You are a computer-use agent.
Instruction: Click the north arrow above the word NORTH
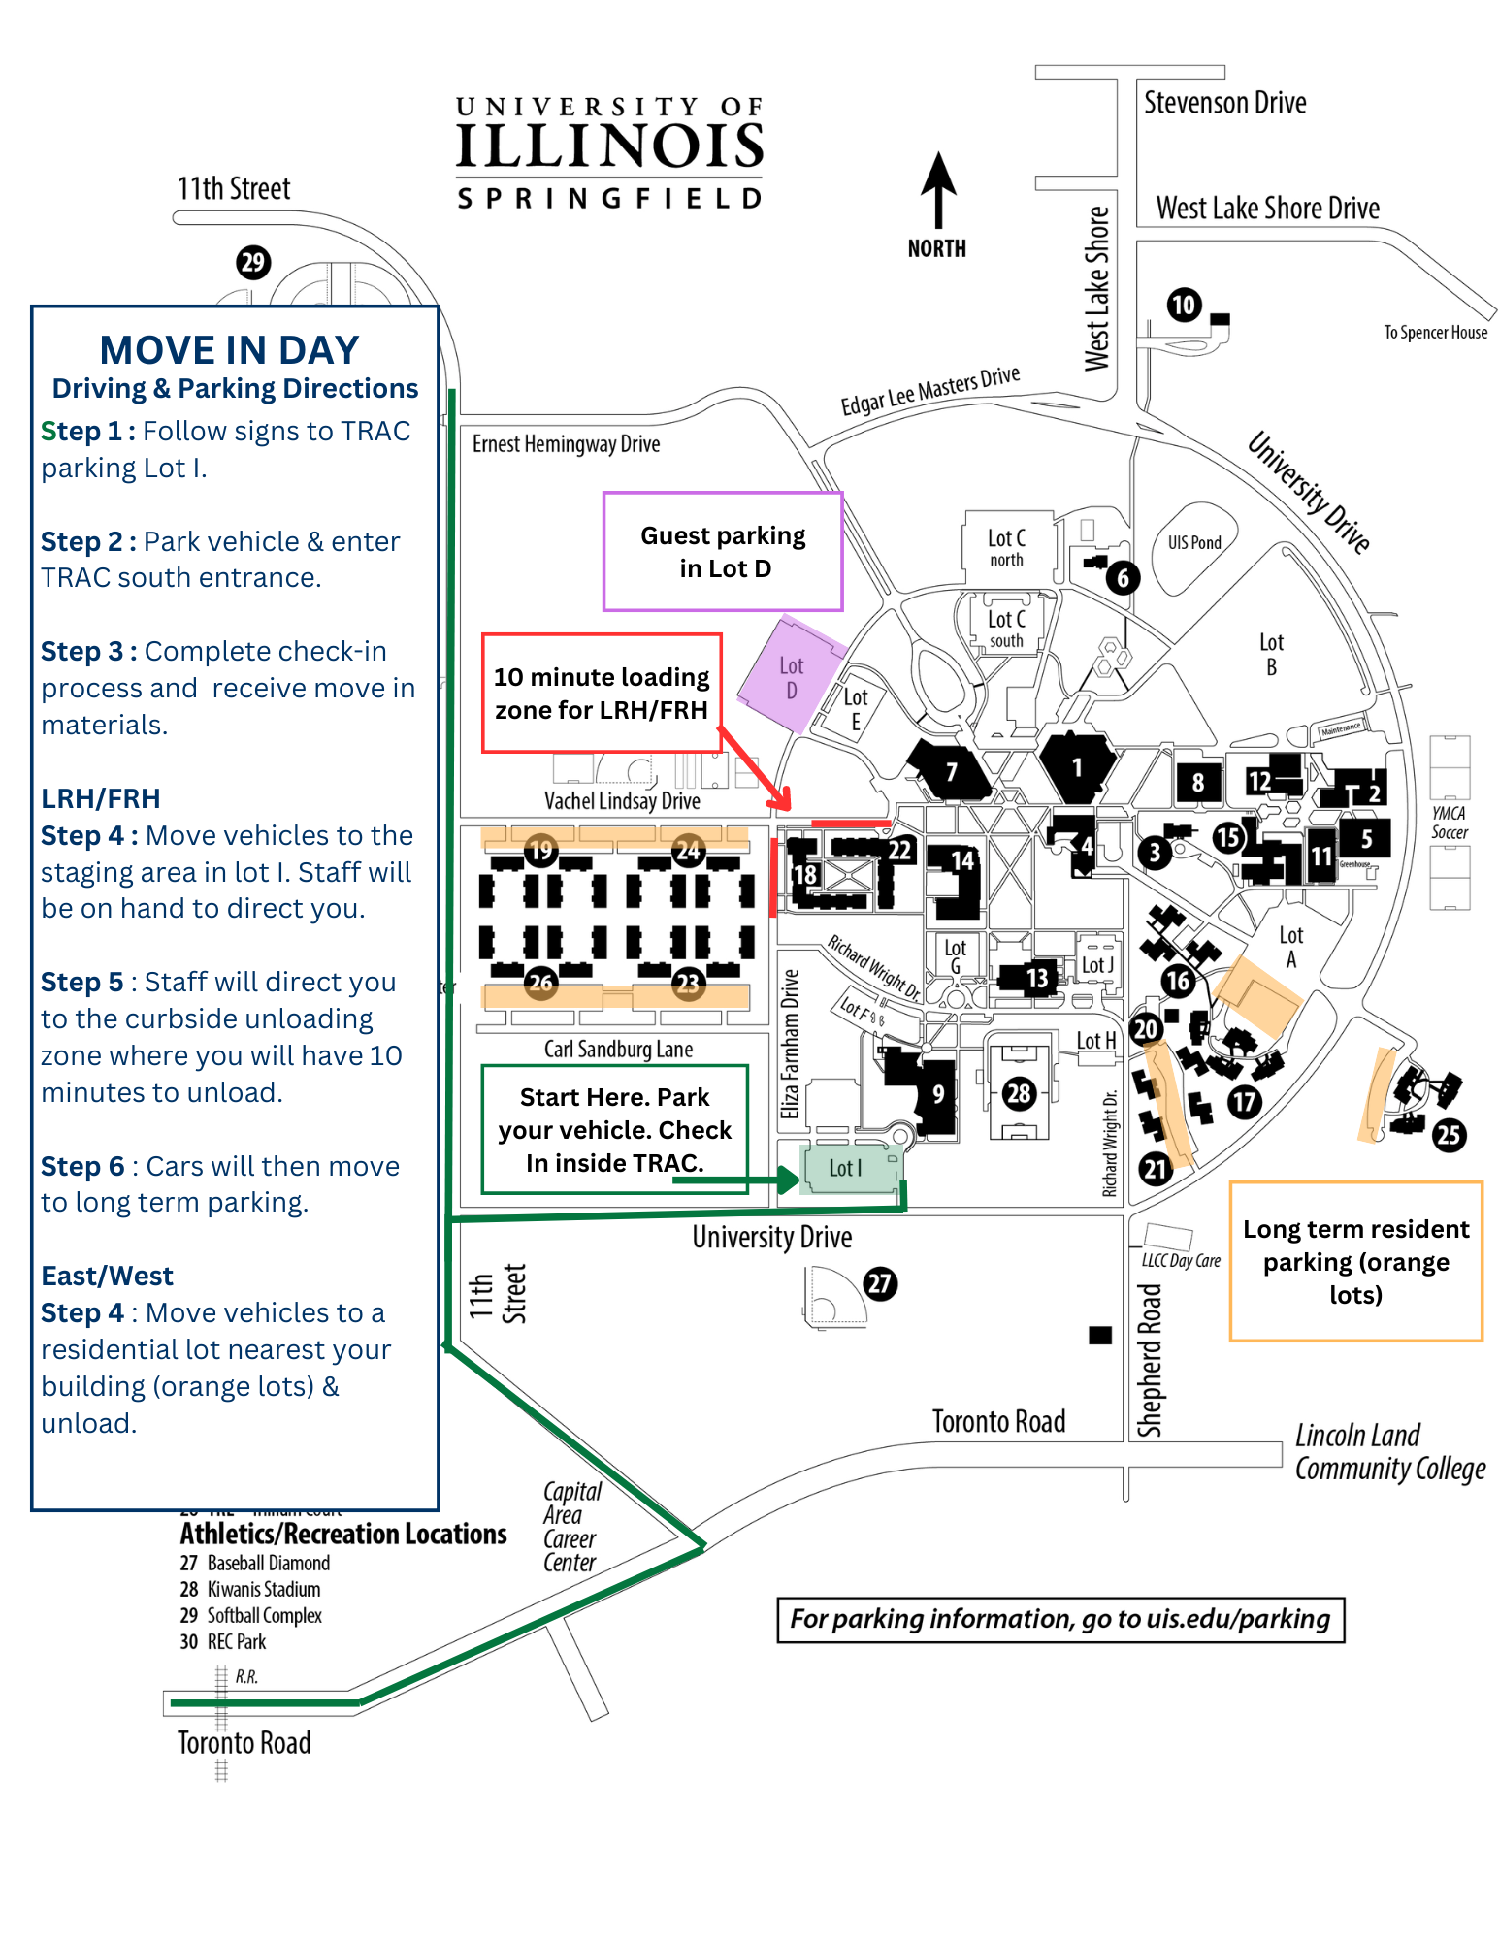click(x=937, y=189)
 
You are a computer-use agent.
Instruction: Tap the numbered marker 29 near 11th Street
click(x=253, y=262)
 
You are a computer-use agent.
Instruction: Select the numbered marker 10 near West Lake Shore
click(x=1184, y=306)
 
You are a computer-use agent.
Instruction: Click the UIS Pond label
click(x=1194, y=543)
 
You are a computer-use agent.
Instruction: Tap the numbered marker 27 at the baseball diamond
click(x=880, y=1283)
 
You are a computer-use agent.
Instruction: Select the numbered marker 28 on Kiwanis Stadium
click(x=1018, y=1094)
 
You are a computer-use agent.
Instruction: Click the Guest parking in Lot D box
click(x=723, y=552)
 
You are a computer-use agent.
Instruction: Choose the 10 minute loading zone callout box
click(x=602, y=693)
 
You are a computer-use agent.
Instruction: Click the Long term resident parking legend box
click(x=1355, y=1261)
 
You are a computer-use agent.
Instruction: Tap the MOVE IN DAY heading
click(x=229, y=350)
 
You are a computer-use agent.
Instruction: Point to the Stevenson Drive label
click(x=1224, y=103)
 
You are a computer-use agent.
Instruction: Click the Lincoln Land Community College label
click(x=1389, y=1452)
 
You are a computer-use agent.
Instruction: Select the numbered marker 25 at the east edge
click(x=1449, y=1135)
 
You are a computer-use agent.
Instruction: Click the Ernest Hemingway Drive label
click(x=566, y=444)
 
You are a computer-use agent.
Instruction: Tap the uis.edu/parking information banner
click(x=1059, y=1619)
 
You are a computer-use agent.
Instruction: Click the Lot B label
click(x=1271, y=655)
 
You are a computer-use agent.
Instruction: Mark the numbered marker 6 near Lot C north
click(x=1123, y=578)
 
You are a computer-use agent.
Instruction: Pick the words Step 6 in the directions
click(x=82, y=1166)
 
